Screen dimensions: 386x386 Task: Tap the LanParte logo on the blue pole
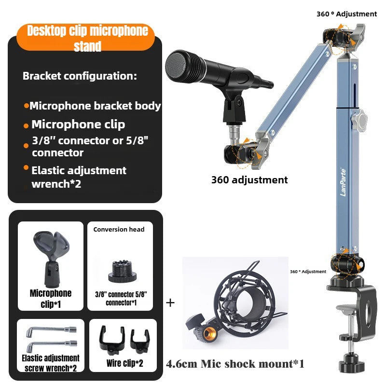click(343, 182)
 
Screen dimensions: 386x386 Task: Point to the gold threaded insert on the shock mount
click(210, 333)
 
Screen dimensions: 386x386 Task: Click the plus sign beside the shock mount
click(170, 303)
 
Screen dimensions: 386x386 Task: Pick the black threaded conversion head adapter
click(123, 271)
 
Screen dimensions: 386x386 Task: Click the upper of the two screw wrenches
click(51, 331)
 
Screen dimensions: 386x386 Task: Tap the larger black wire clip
click(112, 338)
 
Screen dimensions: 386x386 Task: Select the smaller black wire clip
click(140, 341)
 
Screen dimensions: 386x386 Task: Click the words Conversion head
click(119, 230)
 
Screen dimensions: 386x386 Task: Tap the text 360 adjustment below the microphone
click(249, 180)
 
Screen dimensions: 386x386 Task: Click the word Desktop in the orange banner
click(47, 31)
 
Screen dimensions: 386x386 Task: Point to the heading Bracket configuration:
click(80, 76)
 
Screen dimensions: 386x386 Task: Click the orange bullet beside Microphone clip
click(26, 126)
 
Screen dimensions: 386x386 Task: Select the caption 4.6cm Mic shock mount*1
click(235, 364)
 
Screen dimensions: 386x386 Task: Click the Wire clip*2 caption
click(124, 363)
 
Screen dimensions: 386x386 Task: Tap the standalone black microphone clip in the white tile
click(52, 259)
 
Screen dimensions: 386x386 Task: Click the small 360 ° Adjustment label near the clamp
click(308, 272)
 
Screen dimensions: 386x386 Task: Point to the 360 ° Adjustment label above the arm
click(346, 14)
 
